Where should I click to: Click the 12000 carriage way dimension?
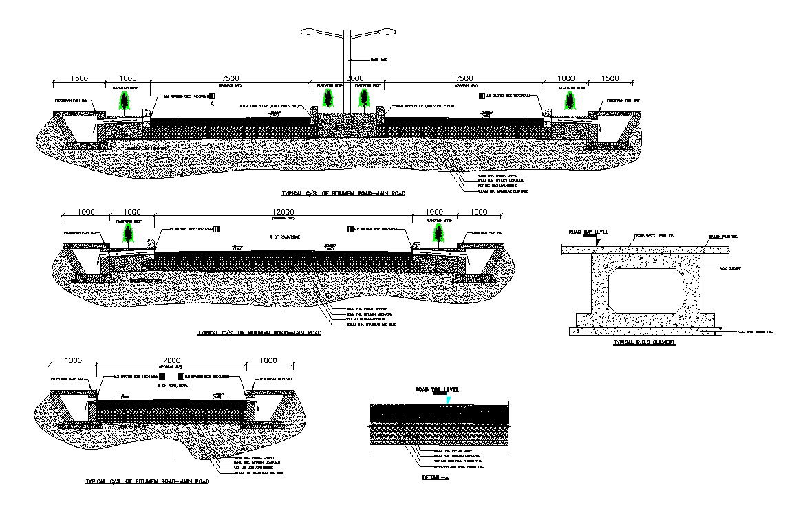click(x=282, y=211)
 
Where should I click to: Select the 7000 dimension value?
click(x=171, y=360)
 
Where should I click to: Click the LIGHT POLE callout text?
click(x=378, y=61)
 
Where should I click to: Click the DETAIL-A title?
click(x=435, y=477)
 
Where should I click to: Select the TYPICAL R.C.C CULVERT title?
click(x=643, y=342)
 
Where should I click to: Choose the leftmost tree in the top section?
click(x=125, y=102)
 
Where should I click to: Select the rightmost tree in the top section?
click(x=570, y=102)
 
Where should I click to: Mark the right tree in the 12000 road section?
click(x=438, y=234)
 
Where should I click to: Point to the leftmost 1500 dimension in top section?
click(x=79, y=79)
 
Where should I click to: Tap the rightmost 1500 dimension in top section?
click(x=610, y=79)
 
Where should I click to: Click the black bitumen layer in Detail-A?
click(x=440, y=413)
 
